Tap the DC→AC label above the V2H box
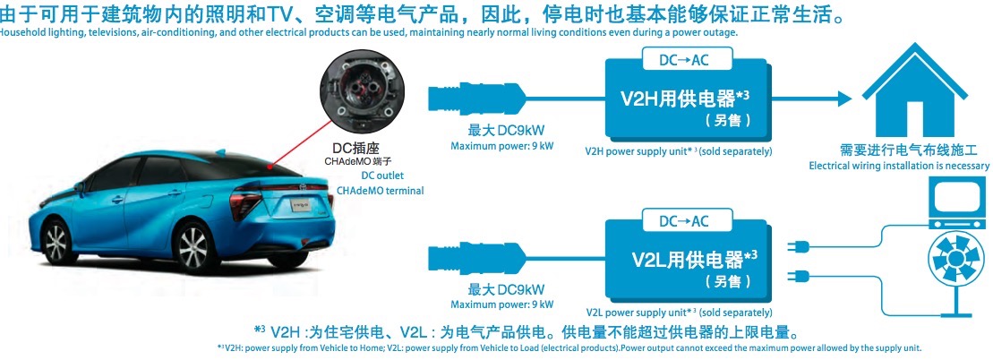[x=687, y=59]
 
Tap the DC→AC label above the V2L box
[x=687, y=220]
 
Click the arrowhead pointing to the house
[x=844, y=99]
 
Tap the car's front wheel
[x=56, y=240]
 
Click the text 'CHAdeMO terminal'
[x=380, y=190]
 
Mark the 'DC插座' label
[x=355, y=148]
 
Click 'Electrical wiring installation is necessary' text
[x=899, y=166]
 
